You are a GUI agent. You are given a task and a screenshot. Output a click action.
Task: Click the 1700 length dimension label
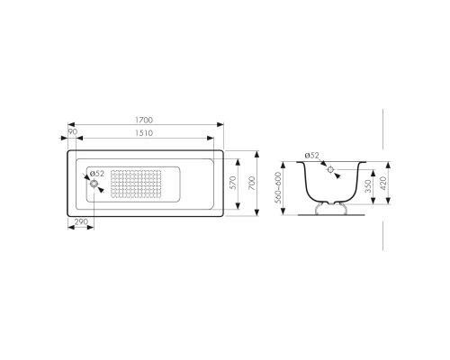[144, 120]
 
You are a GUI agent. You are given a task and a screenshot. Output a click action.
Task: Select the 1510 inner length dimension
[144, 133]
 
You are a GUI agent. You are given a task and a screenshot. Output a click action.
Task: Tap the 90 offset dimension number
[73, 131]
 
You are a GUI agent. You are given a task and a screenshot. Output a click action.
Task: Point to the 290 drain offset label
[81, 221]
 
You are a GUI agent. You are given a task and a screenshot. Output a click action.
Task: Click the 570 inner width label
[233, 183]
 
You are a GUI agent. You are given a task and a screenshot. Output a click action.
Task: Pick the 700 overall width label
[252, 183]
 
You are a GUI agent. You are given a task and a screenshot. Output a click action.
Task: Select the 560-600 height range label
[279, 188]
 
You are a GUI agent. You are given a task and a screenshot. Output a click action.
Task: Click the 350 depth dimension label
[368, 186]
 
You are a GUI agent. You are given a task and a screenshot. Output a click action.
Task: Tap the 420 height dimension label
[383, 183]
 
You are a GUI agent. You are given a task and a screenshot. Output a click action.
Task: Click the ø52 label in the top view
[97, 174]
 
